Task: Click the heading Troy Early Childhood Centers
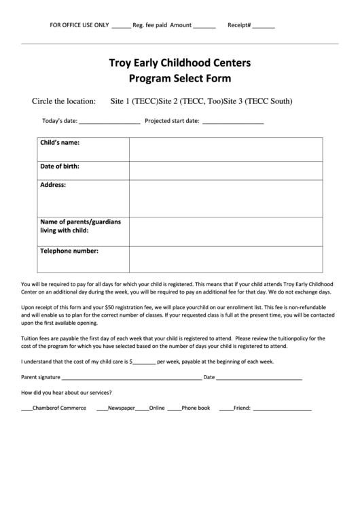point(180,64)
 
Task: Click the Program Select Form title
point(180,78)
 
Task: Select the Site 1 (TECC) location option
point(134,102)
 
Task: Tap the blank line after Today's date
point(109,122)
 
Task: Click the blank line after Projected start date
point(233,122)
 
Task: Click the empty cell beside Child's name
point(226,148)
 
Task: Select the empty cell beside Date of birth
point(226,170)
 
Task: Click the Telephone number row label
point(69,251)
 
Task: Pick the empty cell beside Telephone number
point(226,257)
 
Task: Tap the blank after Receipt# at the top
point(264,26)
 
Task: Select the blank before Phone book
point(174,409)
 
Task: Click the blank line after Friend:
point(282,409)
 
